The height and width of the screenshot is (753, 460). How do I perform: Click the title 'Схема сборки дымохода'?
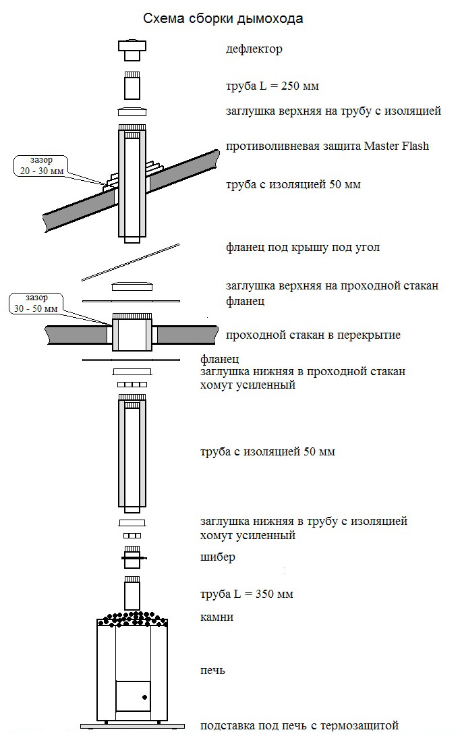(223, 19)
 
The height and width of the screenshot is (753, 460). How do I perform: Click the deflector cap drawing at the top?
(133, 49)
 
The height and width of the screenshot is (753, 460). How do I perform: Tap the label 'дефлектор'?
(254, 49)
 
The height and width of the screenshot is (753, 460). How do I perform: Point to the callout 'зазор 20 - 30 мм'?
(38, 166)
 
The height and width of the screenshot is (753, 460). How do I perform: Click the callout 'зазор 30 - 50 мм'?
(34, 303)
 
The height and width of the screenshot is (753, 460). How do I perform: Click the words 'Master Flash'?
(395, 146)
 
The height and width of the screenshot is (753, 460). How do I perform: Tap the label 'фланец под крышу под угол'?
(303, 247)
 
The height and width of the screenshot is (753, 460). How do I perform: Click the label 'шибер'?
(218, 557)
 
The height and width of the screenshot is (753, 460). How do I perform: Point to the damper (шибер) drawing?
(133, 557)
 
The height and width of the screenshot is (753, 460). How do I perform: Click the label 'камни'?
(217, 617)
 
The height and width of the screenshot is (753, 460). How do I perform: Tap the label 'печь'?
(212, 671)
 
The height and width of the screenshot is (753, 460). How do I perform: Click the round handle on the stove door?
(144, 696)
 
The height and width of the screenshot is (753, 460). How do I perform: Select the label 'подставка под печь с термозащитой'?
(299, 725)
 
